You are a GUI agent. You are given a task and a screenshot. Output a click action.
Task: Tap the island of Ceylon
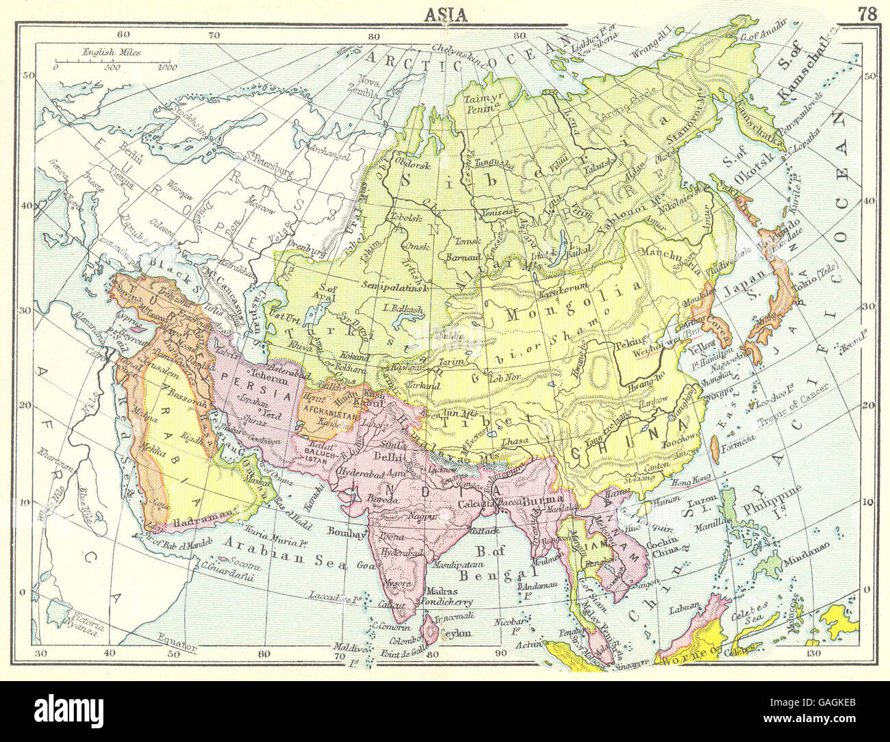coord(432,625)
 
